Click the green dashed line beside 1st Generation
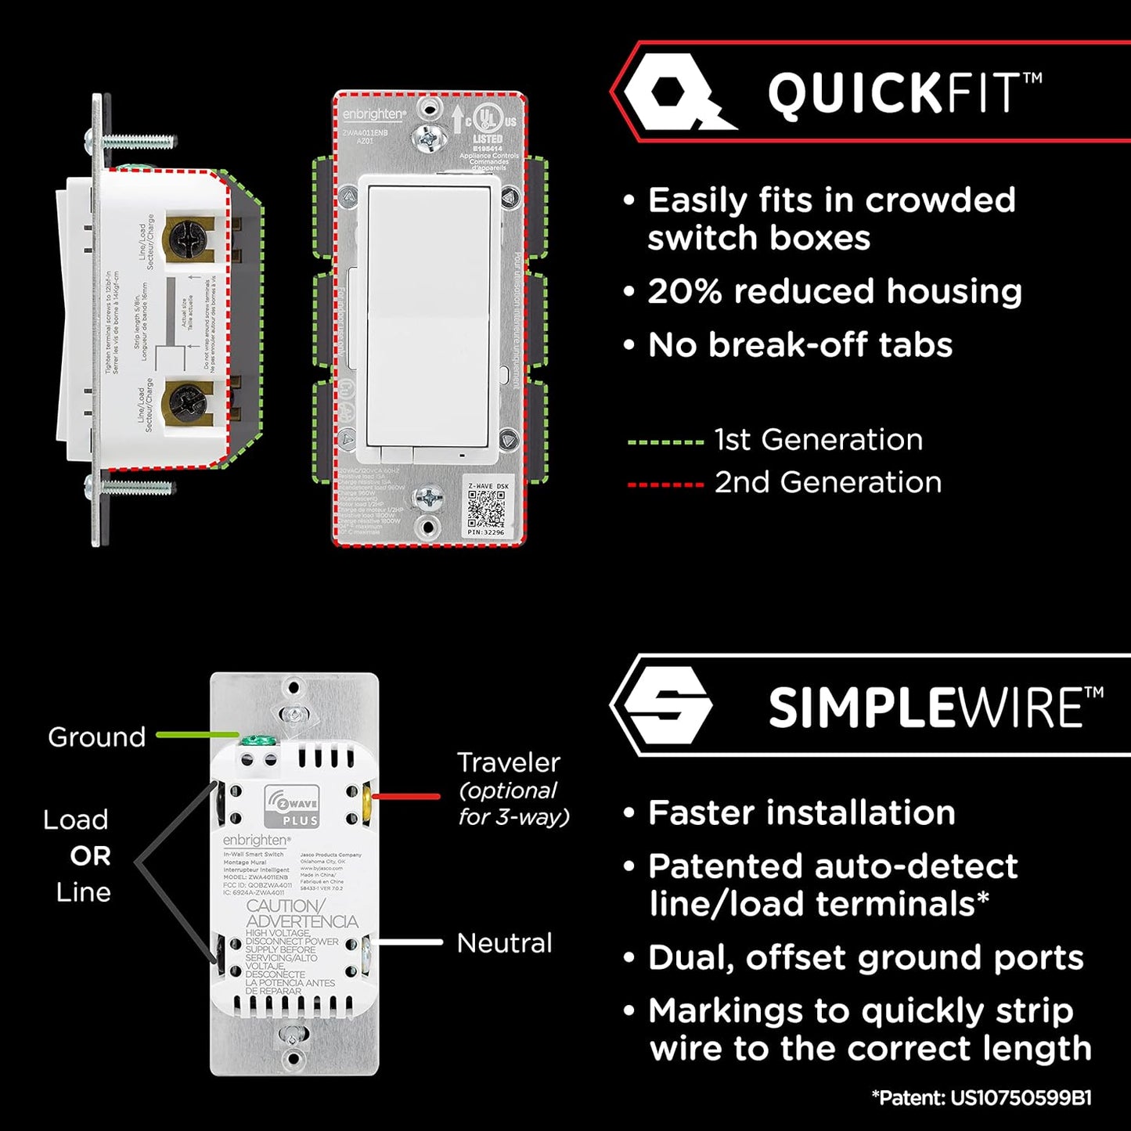coord(665,442)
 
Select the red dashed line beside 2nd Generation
coord(665,485)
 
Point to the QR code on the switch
coord(486,510)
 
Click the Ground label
coord(96,737)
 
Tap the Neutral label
coord(504,943)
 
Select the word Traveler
coord(509,762)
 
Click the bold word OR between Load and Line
coord(91,856)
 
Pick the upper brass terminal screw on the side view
coord(187,236)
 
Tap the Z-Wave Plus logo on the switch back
coord(292,806)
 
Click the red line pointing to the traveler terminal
coord(405,796)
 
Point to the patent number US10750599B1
coord(1021,1098)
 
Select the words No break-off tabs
coord(800,345)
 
